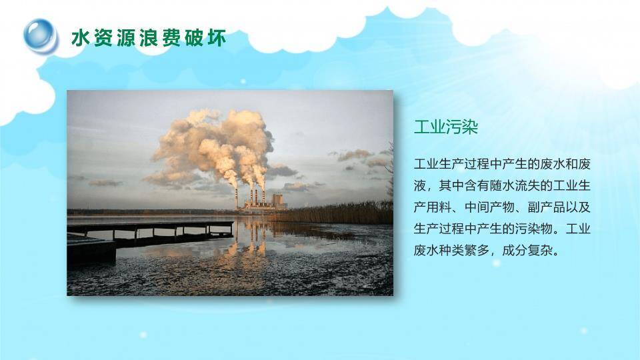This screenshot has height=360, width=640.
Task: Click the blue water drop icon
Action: tap(41, 35)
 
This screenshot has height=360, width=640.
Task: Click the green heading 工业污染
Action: tap(446, 127)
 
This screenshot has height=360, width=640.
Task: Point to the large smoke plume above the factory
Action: tap(213, 143)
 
